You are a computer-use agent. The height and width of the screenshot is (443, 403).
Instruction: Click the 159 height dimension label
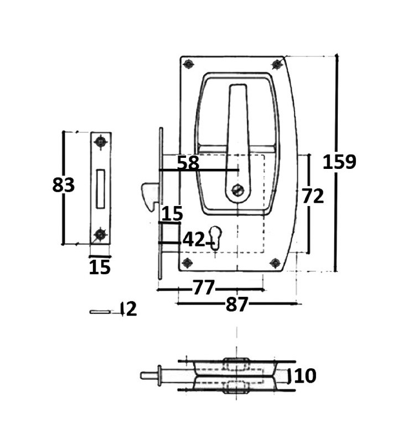point(339,162)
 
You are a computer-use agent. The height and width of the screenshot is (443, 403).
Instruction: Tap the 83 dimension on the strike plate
point(64,185)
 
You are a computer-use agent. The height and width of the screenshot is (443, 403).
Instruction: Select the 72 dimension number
point(313,196)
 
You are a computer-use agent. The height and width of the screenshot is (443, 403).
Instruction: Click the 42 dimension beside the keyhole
point(193,240)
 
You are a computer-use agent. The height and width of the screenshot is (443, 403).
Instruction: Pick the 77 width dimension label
point(204,287)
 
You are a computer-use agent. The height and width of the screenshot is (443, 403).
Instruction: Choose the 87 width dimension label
point(237,304)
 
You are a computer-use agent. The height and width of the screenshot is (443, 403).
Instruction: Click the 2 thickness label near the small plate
point(130,309)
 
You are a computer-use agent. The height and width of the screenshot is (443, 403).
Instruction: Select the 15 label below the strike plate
point(100,267)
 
